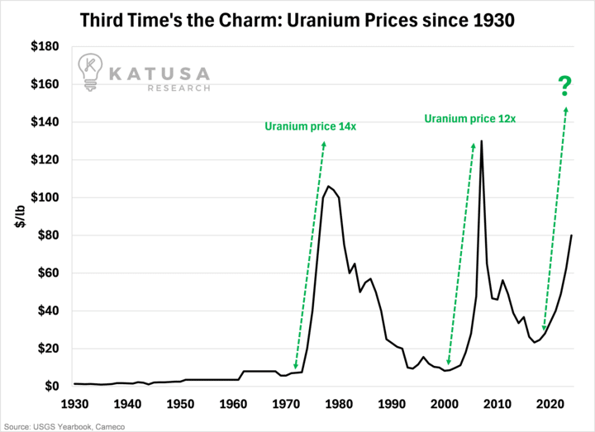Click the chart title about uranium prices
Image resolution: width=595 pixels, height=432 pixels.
click(x=297, y=19)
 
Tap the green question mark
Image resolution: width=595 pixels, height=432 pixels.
click(x=564, y=85)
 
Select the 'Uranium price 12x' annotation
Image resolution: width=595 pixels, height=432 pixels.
click(x=469, y=119)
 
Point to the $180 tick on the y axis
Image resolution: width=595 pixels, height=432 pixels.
click(x=40, y=47)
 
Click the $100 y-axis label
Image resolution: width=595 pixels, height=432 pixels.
click(x=40, y=198)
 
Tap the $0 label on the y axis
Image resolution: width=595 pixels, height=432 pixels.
click(x=47, y=387)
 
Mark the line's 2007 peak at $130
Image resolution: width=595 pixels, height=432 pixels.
click(x=482, y=141)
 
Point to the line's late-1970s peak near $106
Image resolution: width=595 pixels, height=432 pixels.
click(x=328, y=186)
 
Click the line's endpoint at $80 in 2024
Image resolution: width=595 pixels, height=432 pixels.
click(x=571, y=235)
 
